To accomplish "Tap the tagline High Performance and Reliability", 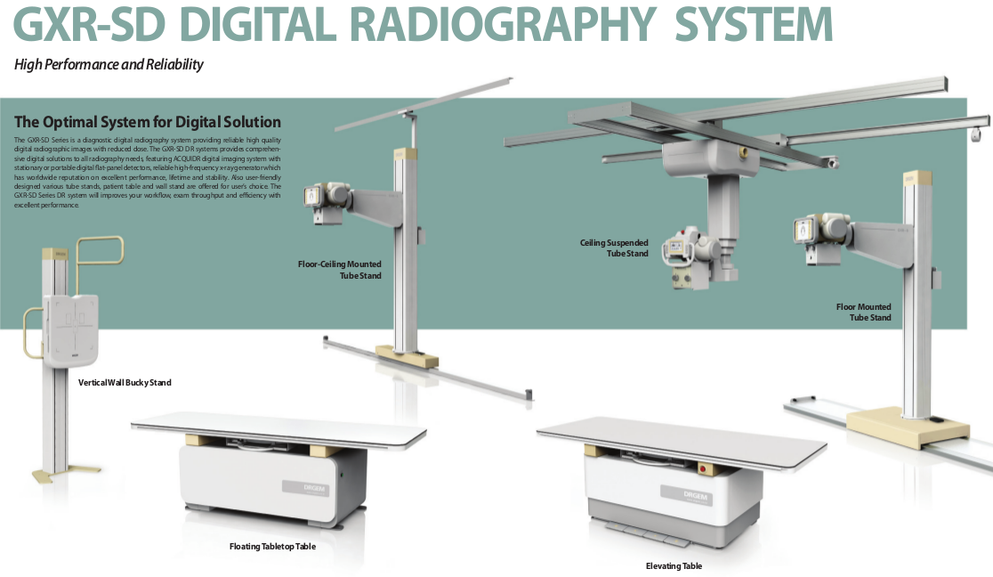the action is (109, 65).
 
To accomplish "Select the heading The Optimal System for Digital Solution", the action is (148, 122).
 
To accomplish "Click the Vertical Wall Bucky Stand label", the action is (125, 382).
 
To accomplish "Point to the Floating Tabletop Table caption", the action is (272, 546).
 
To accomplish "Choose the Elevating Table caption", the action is (674, 565).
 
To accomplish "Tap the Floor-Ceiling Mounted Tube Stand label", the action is (340, 270).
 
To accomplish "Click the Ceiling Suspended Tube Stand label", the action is (614, 248).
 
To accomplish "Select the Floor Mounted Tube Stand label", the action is (864, 312).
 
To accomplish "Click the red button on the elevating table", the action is (702, 469).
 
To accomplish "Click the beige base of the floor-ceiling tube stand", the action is (408, 356).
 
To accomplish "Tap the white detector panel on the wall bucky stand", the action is (71, 329).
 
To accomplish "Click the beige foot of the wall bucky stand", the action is (50, 476).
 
